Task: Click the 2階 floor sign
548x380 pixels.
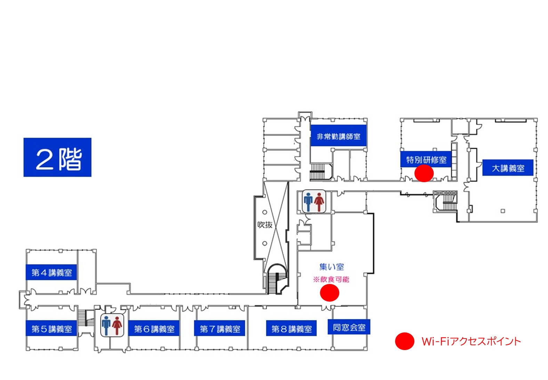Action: (57, 157)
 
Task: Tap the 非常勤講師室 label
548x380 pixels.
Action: (338, 136)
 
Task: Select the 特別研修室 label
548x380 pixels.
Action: (426, 160)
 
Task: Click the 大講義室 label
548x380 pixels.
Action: (508, 168)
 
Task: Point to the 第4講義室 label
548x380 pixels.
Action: (51, 272)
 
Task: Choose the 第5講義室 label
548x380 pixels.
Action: (51, 329)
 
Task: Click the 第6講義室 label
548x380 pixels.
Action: (154, 329)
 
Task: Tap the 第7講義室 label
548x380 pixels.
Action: (220, 329)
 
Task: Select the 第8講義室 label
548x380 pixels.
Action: (291, 329)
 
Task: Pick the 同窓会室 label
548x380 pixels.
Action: (349, 327)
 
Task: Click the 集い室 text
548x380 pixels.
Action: (331, 267)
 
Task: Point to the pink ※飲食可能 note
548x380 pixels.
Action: (331, 279)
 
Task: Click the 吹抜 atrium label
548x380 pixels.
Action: (265, 225)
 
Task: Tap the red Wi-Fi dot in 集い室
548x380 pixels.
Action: (329, 293)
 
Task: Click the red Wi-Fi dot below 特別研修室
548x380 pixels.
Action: (424, 173)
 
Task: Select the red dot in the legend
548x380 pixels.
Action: (404, 341)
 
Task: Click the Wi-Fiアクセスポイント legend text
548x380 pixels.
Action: (471, 341)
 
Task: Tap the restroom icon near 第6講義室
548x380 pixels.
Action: (112, 325)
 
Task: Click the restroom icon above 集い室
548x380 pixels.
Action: (314, 201)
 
